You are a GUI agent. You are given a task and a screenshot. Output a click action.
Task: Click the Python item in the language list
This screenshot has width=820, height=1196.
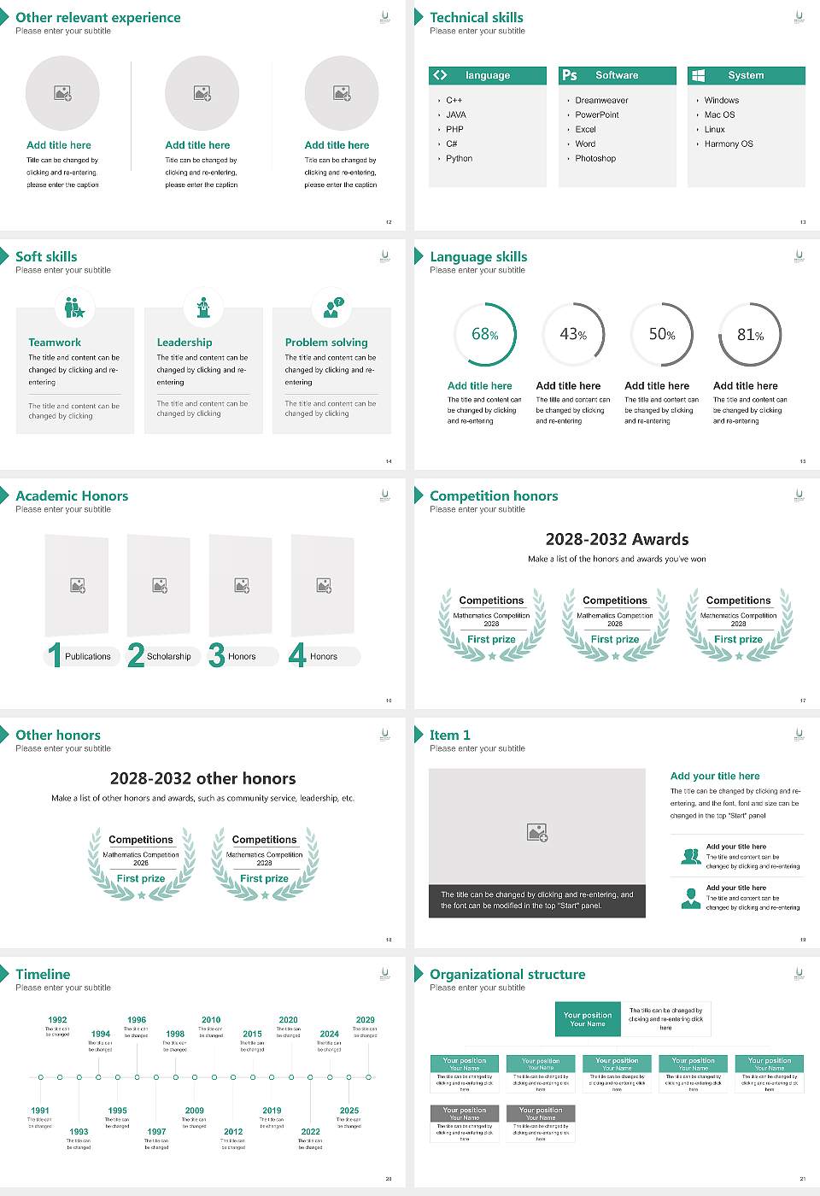(459, 159)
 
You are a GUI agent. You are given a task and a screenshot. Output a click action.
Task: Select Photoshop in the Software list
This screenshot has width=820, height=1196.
(595, 159)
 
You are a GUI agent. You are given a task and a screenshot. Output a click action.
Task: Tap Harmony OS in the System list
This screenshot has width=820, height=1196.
(729, 144)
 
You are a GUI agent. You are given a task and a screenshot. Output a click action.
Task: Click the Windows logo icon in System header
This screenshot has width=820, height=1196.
(698, 75)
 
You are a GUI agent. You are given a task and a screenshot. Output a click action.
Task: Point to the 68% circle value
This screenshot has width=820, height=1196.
(484, 335)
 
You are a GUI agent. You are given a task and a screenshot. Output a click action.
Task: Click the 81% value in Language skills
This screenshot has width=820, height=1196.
(750, 335)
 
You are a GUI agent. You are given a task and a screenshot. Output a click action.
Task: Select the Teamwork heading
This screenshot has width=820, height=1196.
(55, 343)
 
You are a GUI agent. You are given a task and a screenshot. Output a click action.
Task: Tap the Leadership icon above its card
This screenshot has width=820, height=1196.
(203, 307)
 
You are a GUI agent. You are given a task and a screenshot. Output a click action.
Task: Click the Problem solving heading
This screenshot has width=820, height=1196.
(326, 343)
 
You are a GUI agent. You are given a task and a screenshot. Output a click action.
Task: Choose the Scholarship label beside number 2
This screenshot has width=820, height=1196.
(169, 657)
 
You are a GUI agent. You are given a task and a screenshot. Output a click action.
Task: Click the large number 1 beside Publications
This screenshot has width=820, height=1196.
(55, 655)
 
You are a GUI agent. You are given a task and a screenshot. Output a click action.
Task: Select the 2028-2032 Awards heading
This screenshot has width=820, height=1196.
(617, 540)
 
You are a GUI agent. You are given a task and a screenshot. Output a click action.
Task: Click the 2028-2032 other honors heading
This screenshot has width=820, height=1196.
(203, 779)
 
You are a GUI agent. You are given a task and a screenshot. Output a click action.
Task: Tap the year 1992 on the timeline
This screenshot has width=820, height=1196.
(57, 1020)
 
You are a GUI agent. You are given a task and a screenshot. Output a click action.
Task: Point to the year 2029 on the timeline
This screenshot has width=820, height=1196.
(366, 1020)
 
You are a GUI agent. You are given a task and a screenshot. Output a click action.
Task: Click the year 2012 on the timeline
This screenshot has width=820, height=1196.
(233, 1132)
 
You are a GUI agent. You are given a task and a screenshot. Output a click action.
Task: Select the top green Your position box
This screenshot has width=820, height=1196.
(588, 1019)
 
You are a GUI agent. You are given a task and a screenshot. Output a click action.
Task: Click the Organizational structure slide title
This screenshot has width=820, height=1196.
(507, 975)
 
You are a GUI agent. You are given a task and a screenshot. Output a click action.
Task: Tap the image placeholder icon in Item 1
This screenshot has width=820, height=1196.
(537, 832)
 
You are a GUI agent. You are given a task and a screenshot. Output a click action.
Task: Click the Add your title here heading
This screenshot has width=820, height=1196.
(715, 777)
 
